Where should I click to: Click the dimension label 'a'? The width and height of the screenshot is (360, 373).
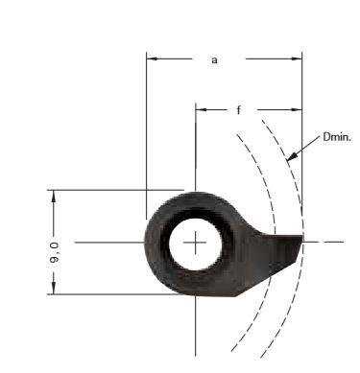click(x=214, y=60)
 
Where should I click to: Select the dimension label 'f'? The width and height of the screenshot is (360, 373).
click(x=238, y=110)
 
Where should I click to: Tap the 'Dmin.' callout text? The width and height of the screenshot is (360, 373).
click(x=337, y=137)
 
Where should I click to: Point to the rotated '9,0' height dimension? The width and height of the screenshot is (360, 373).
click(x=54, y=252)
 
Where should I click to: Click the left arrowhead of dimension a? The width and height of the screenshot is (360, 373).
click(x=152, y=58)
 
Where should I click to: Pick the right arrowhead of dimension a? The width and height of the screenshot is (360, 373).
click(x=297, y=58)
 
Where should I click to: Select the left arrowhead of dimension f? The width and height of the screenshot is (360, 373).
click(x=201, y=110)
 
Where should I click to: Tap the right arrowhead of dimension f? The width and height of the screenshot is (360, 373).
click(x=297, y=110)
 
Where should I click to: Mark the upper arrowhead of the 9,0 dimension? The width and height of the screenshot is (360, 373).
click(x=54, y=196)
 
